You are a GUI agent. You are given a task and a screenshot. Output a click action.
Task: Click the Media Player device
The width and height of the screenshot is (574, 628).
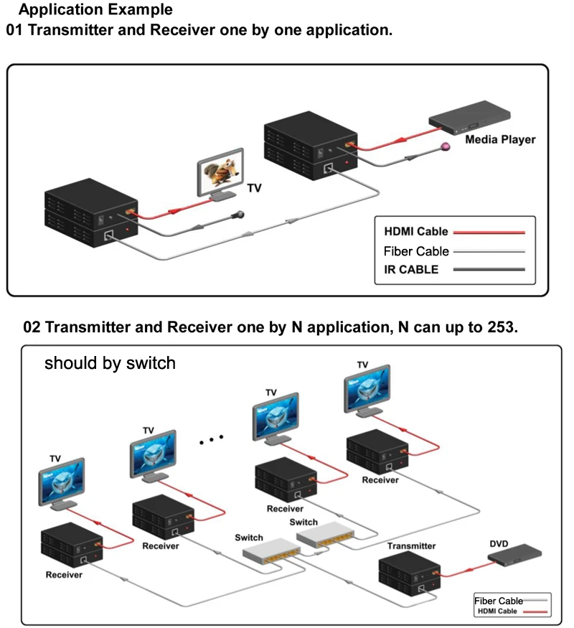coord(469,121)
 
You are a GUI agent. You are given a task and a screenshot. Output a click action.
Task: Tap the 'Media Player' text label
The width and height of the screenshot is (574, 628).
coord(500,139)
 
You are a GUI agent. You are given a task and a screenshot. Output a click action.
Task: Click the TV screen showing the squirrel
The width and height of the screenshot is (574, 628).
coord(220,172)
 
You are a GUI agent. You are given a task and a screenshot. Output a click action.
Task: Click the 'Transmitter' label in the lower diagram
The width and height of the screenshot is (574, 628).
coord(411,546)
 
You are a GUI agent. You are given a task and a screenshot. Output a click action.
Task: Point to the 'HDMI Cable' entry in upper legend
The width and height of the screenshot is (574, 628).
coord(416,232)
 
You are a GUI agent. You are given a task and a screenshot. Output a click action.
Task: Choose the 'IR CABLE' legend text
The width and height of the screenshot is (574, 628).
coord(411,270)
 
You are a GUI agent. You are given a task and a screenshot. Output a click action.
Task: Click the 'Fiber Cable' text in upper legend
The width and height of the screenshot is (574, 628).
coord(416,251)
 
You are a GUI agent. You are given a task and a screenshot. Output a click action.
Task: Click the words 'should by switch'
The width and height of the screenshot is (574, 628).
coord(110,363)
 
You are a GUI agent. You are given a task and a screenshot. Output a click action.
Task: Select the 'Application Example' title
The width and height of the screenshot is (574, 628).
coord(95,10)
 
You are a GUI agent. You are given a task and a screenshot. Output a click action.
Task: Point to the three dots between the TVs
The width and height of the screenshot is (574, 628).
coord(212,438)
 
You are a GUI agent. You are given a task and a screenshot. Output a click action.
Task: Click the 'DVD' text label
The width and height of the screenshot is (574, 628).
coord(499,544)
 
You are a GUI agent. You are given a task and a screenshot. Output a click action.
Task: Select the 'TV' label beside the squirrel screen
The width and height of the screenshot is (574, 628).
coord(255,189)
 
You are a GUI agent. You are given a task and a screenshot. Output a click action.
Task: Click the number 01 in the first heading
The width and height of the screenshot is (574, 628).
coord(16,31)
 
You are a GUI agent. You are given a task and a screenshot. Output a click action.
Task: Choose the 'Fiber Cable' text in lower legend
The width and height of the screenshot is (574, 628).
coord(498,600)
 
